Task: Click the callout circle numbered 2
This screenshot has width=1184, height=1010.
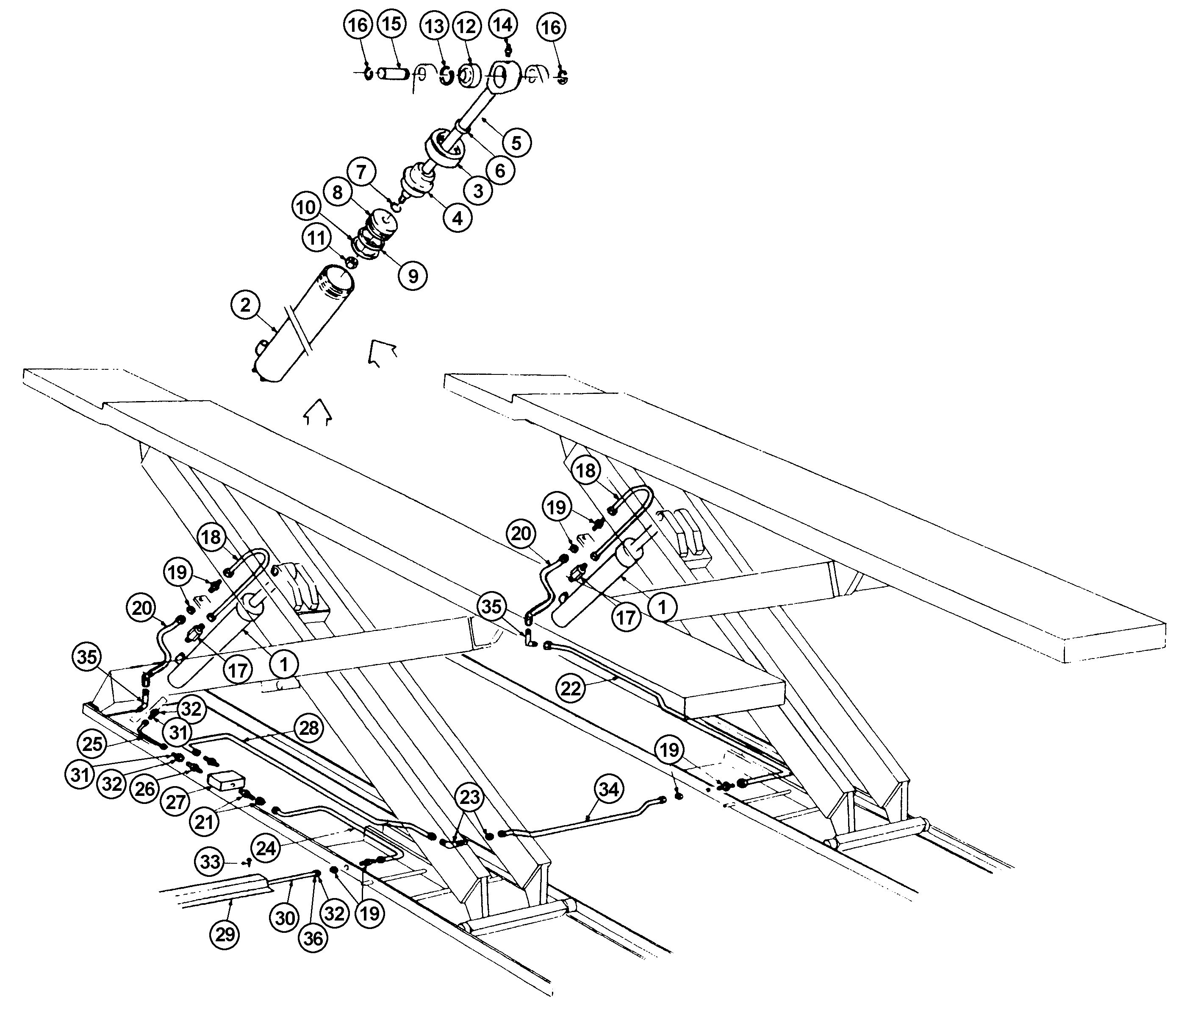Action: pos(246,305)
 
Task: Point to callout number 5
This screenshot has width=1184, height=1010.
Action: pos(516,142)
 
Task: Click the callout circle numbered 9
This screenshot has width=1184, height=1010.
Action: pos(413,276)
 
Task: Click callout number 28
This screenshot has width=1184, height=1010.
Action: pos(309,728)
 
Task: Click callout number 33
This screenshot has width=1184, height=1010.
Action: pos(210,861)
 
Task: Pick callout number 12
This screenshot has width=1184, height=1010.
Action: pos(467,26)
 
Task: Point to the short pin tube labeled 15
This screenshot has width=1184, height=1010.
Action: pos(393,74)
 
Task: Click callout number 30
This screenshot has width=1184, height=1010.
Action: pos(285,918)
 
